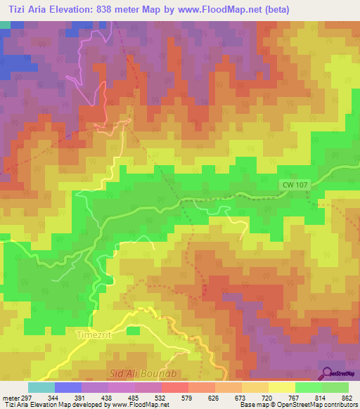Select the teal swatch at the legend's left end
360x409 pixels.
(x=41, y=387)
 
